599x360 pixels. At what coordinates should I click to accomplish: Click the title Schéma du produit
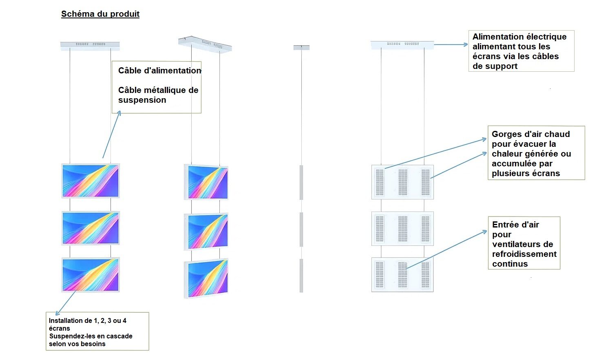tap(100, 14)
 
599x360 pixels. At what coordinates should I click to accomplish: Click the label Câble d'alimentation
tap(159, 71)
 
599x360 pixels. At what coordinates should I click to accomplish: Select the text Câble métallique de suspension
tap(158, 95)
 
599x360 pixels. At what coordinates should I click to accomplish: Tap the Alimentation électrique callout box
tap(521, 51)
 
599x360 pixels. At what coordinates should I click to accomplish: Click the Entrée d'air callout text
tap(524, 244)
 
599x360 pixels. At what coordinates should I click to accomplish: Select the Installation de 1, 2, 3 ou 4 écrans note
tap(97, 331)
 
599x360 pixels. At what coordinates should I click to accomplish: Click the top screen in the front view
tap(91, 181)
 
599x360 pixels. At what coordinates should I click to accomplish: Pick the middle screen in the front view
tap(91, 228)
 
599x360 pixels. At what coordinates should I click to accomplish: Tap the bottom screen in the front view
tap(91, 274)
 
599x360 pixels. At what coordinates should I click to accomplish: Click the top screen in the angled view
tap(206, 182)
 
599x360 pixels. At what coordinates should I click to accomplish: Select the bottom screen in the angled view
tap(206, 278)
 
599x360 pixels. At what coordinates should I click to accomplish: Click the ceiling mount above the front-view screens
tap(90, 45)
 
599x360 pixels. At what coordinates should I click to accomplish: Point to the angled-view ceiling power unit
tap(205, 44)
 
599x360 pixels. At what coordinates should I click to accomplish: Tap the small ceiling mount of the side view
tap(301, 48)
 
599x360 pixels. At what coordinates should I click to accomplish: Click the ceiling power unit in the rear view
tap(402, 44)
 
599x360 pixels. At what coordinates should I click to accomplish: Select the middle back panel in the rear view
tap(402, 228)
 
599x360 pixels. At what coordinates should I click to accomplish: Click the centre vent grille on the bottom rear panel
tap(402, 274)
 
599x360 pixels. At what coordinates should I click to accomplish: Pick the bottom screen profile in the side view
tap(301, 275)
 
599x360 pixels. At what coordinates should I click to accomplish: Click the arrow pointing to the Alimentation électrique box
tap(451, 44)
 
